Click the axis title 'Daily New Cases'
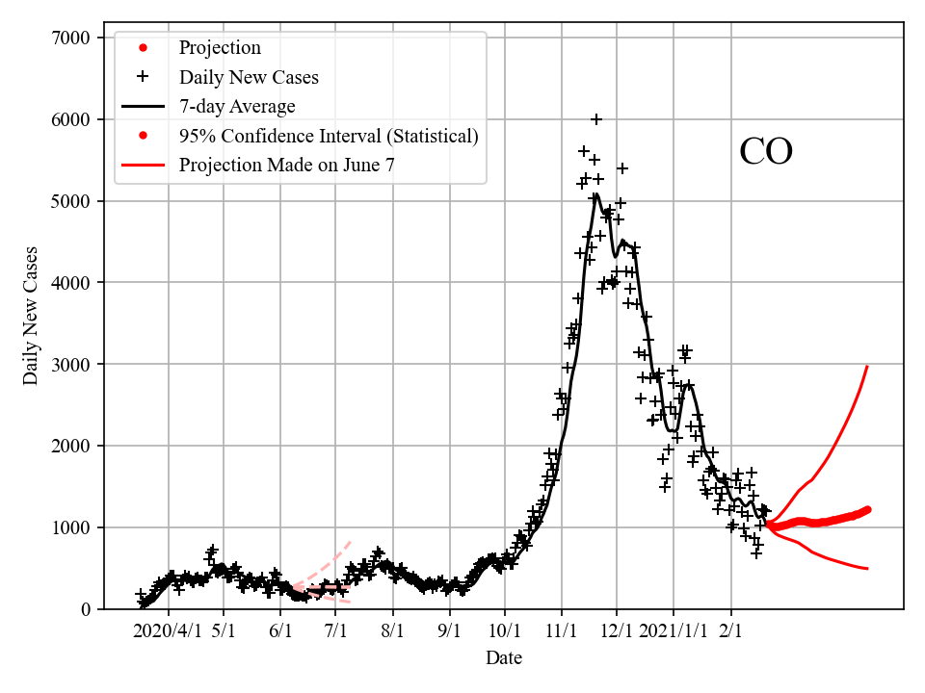[x=31, y=316]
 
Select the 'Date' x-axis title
[x=504, y=658]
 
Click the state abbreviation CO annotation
[x=766, y=152]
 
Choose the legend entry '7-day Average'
[x=237, y=106]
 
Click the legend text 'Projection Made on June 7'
[x=286, y=165]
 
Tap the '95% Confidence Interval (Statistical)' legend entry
[x=329, y=136]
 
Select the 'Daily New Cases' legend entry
[x=249, y=77]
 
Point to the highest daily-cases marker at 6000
[x=596, y=119]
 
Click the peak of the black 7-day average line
[x=596, y=194]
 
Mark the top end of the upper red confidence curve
[x=867, y=366]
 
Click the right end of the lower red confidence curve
[x=867, y=569]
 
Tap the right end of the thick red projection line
[x=867, y=509]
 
